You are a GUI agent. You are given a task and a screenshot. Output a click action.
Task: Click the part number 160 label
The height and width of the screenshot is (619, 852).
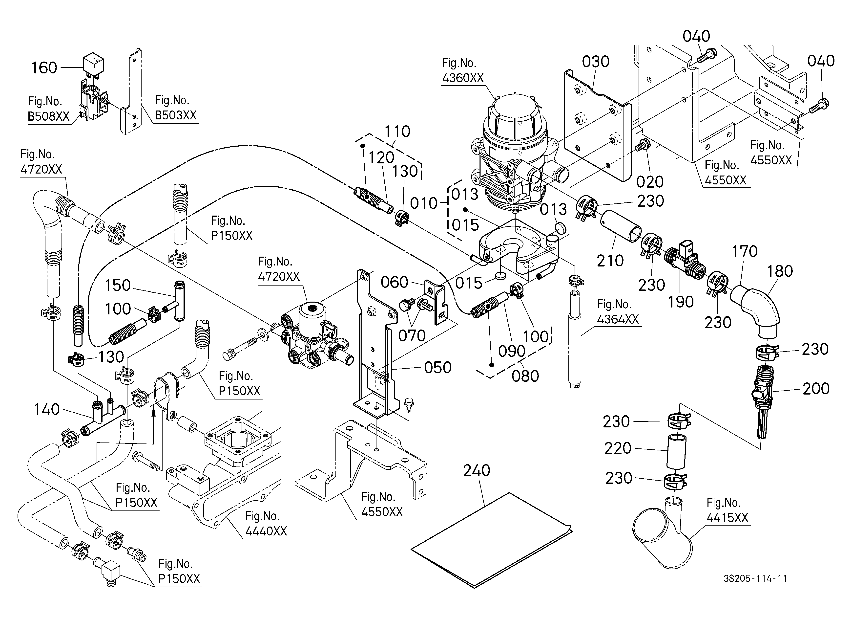pyautogui.click(x=44, y=68)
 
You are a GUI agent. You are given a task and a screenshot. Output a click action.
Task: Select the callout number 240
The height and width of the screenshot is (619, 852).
pyautogui.click(x=477, y=470)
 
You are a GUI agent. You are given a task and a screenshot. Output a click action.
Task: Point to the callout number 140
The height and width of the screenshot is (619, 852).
pyautogui.click(x=47, y=409)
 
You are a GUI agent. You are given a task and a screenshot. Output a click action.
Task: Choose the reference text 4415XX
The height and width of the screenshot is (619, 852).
pyautogui.click(x=727, y=518)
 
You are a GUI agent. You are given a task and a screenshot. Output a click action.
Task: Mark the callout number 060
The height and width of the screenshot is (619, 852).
pyautogui.click(x=395, y=282)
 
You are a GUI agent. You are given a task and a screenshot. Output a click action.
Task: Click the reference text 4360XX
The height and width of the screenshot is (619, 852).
pyautogui.click(x=463, y=78)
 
